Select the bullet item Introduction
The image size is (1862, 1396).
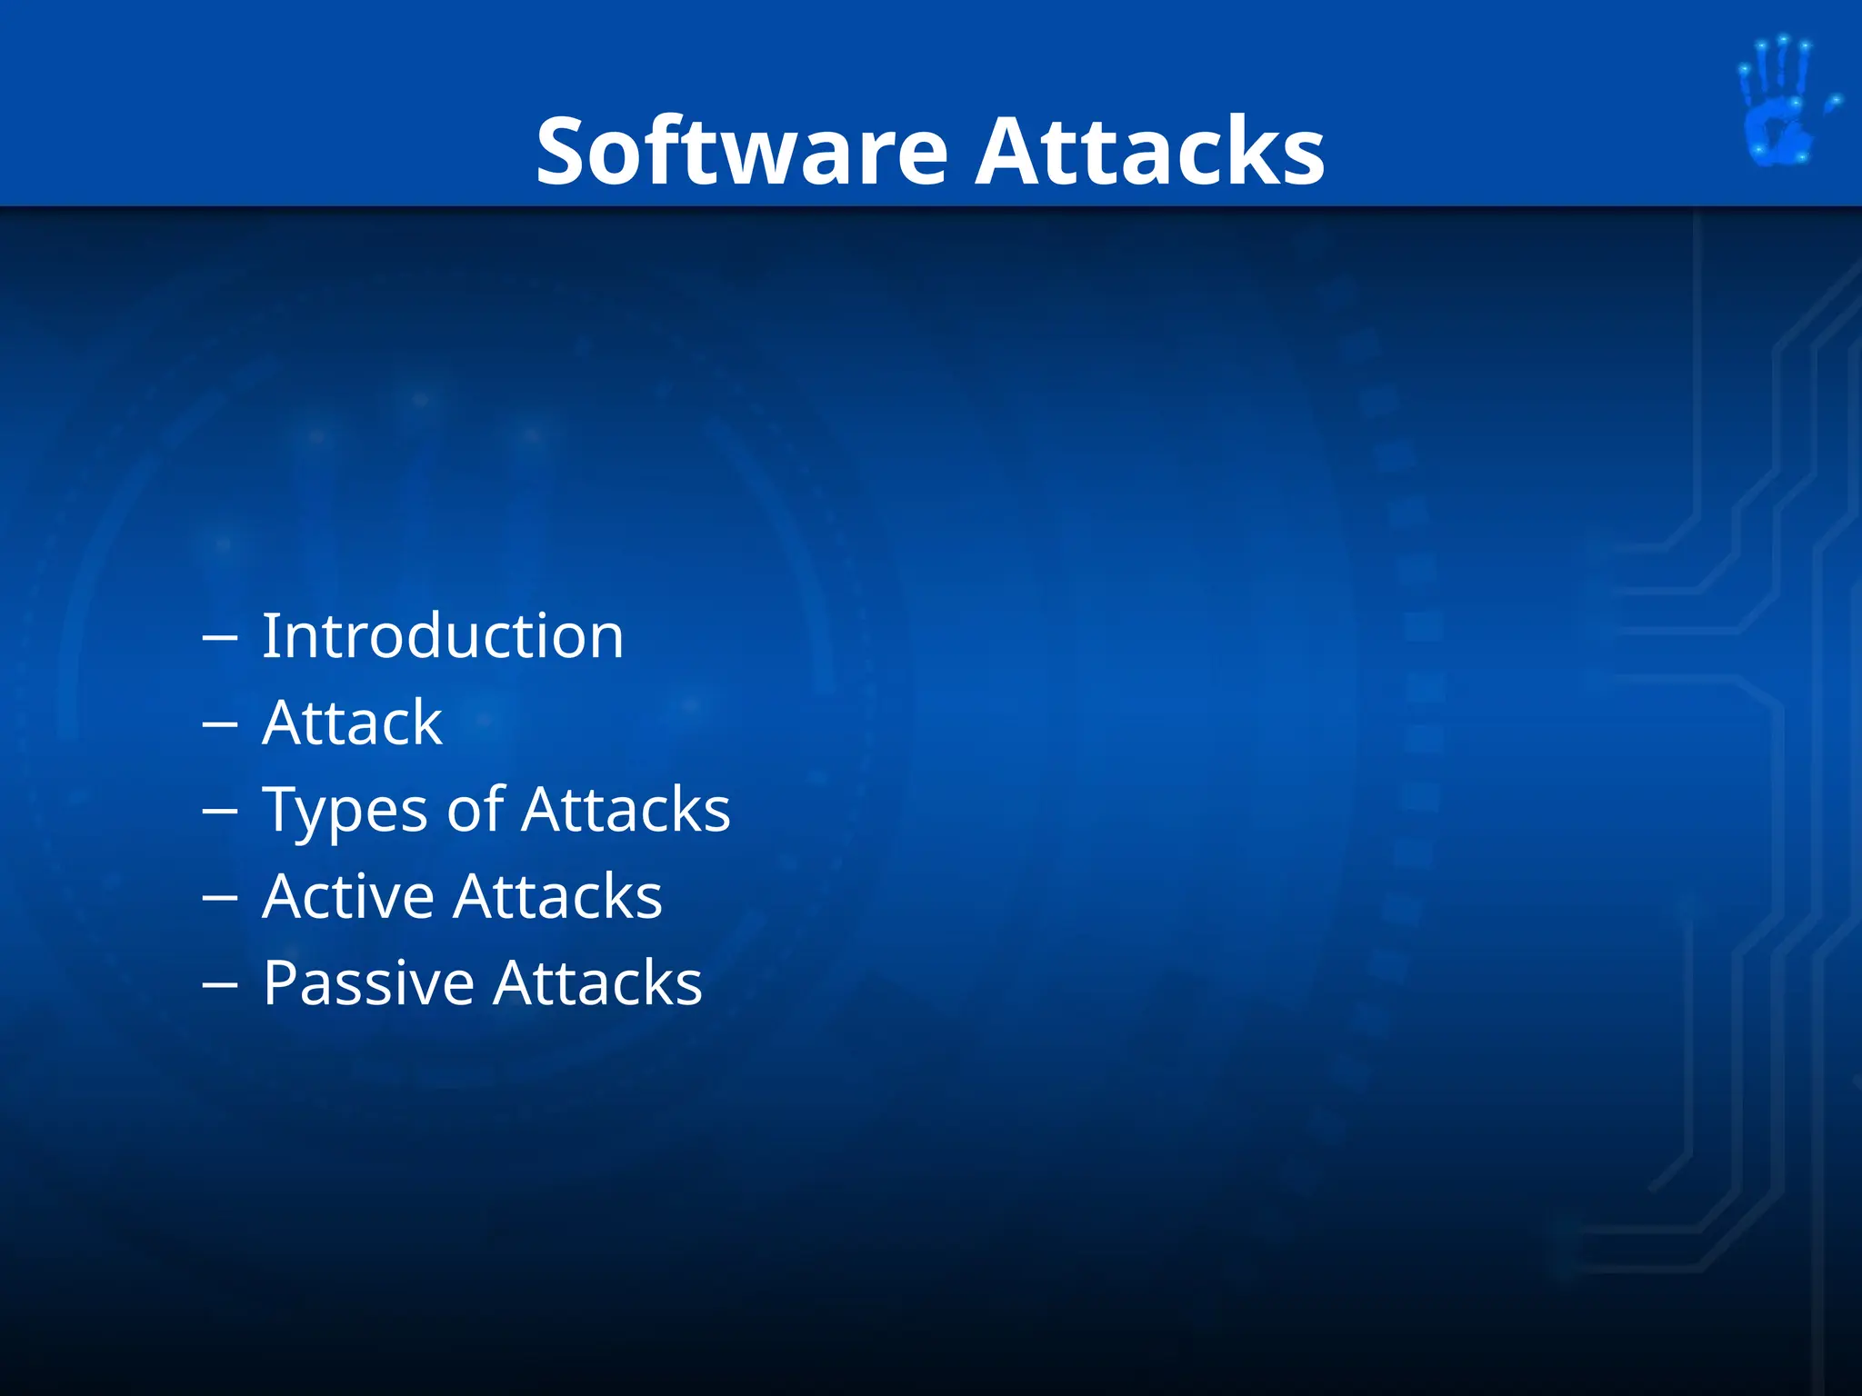[443, 635]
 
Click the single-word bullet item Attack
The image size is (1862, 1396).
[352, 723]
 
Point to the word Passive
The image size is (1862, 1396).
[368, 983]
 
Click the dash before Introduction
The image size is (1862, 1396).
[219, 639]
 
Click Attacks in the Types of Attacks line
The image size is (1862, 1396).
[626, 809]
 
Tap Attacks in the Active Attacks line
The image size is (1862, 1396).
[558, 896]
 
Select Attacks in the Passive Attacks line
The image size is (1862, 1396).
[598, 983]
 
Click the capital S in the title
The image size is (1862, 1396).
[562, 152]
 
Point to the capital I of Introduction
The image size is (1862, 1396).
[269, 635]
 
